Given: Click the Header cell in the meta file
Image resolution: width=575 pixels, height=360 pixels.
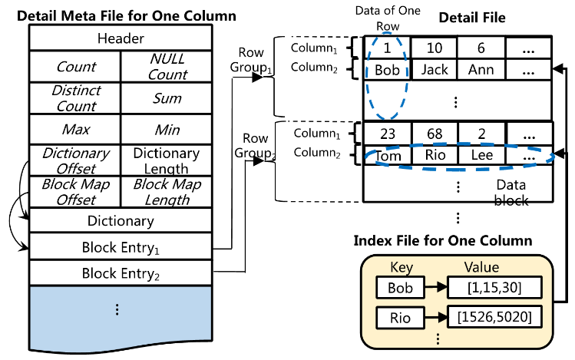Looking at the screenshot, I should pyautogui.click(x=121, y=38).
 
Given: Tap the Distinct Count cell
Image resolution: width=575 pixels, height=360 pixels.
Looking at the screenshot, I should pyautogui.click(x=75, y=99).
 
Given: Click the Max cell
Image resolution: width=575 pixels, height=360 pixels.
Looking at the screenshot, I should pyautogui.click(x=75, y=130).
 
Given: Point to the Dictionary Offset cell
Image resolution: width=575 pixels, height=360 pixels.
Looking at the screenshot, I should pyautogui.click(x=75, y=160).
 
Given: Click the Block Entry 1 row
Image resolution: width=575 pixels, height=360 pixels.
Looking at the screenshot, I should pyautogui.click(x=121, y=247).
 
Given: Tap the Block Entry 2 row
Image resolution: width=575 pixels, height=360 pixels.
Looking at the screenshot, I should pyautogui.click(x=121, y=272).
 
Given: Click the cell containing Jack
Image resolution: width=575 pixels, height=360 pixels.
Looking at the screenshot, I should pyautogui.click(x=435, y=70).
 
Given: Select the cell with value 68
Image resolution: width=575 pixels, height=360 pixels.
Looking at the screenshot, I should pyautogui.click(x=435, y=133).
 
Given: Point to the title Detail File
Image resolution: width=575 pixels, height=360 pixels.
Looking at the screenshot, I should pyautogui.click(x=473, y=16).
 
